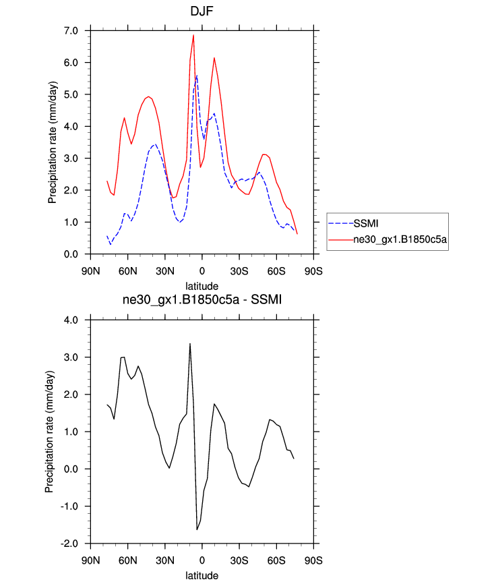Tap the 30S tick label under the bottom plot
pos(239,561)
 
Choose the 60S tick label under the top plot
pos(276,271)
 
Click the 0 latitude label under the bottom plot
pos(202,561)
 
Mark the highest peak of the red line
pos(193,35)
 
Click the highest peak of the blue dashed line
pos(197,76)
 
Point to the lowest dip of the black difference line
pos(197,529)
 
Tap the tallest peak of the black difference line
pos(190,343)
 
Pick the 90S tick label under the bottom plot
pos(313,561)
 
